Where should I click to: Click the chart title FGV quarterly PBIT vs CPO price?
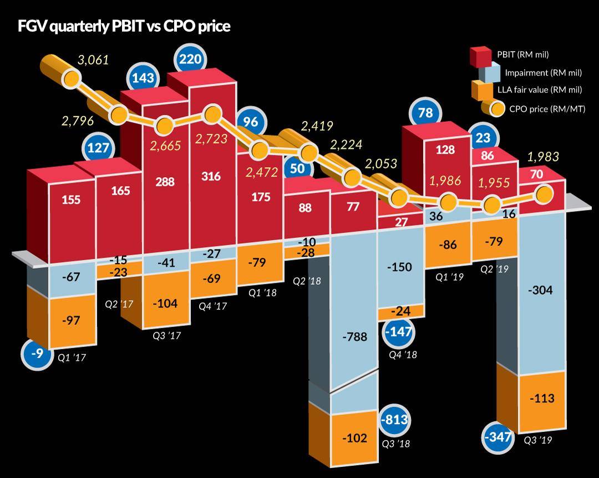point(124,26)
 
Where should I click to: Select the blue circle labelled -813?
point(394,421)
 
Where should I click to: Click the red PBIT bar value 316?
point(211,177)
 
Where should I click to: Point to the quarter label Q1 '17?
point(72,358)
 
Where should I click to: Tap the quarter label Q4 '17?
point(212,305)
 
